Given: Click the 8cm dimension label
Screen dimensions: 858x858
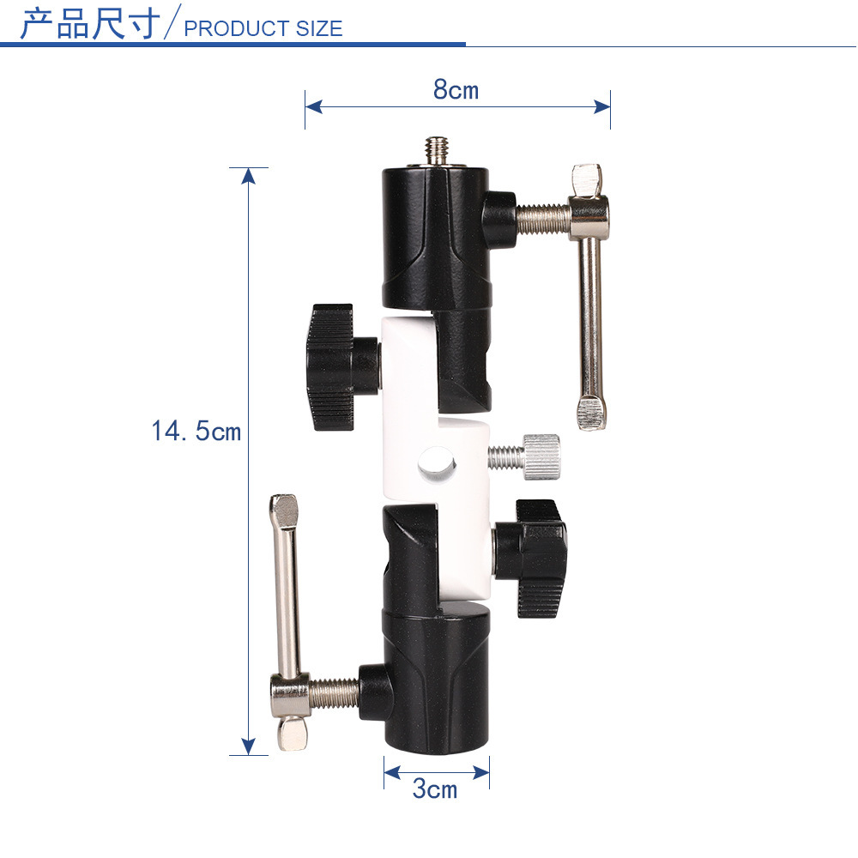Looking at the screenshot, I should [x=456, y=89].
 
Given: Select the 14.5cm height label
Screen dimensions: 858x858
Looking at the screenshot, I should [x=196, y=431].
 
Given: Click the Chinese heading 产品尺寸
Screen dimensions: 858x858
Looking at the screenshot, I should [x=89, y=23].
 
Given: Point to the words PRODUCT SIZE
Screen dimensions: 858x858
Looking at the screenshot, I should [x=263, y=28].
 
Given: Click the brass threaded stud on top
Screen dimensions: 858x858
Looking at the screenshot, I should [x=437, y=150].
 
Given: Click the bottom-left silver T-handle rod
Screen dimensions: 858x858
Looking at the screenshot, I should [x=287, y=592].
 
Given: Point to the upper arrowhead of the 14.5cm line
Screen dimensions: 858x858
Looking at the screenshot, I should [x=249, y=176].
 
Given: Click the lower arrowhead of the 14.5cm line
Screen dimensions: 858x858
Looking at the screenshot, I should [x=249, y=746].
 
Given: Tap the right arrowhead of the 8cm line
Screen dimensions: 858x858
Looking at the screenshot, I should [x=601, y=106].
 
